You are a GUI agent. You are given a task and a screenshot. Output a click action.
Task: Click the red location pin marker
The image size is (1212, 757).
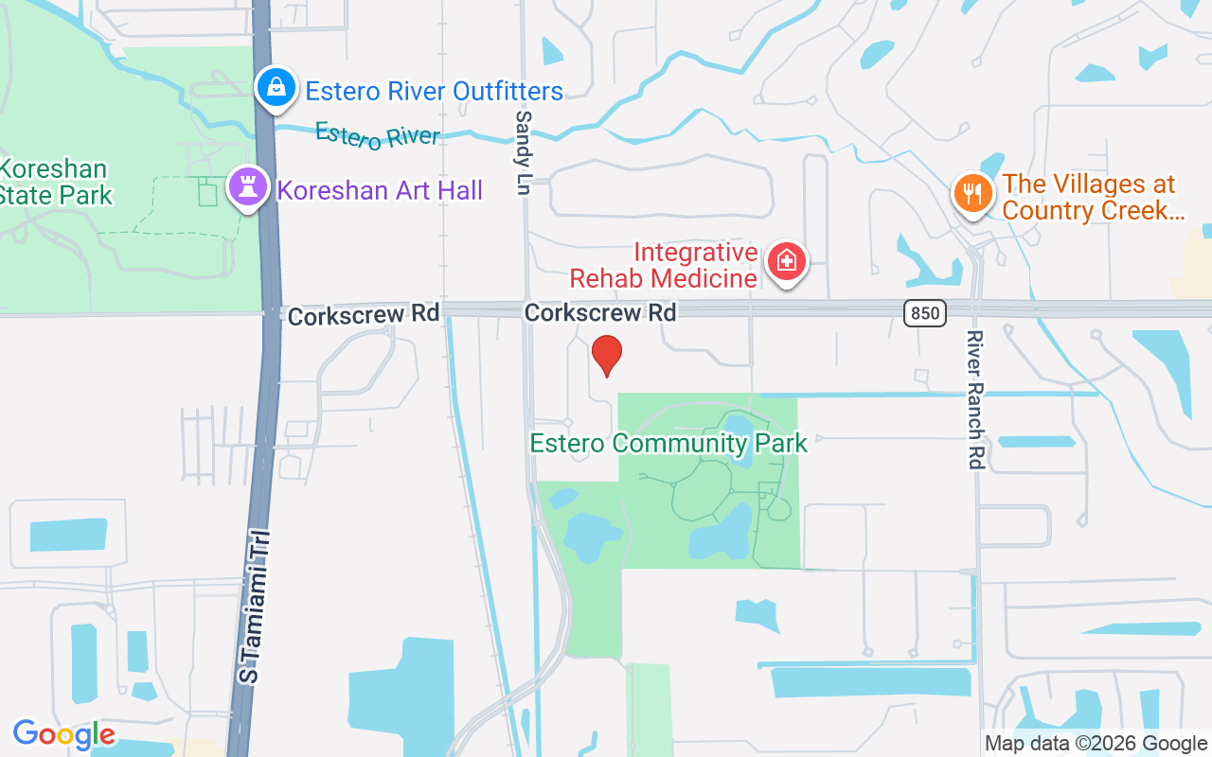tap(606, 356)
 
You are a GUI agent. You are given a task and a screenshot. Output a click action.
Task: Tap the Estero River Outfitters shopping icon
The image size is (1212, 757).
tap(276, 88)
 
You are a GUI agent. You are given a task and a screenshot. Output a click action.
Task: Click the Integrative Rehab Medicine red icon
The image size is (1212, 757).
tap(786, 260)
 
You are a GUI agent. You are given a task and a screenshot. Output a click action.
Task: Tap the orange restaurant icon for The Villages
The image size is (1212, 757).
tap(971, 193)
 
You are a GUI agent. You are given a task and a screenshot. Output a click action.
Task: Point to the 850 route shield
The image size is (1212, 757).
tap(924, 312)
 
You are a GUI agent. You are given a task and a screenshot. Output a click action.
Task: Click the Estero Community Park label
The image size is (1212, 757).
tap(668, 443)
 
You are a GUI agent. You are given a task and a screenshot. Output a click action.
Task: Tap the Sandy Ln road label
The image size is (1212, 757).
tap(524, 152)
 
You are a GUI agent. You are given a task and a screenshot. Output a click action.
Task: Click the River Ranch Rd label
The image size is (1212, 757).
tap(976, 400)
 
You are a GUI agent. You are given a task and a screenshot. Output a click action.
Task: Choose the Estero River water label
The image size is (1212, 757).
tap(377, 134)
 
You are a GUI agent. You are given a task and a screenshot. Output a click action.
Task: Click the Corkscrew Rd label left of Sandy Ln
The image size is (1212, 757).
tap(364, 315)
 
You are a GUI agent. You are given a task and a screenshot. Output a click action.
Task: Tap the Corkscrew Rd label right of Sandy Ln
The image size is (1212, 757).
tap(600, 312)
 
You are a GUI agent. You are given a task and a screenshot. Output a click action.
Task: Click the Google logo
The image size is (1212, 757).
tap(63, 734)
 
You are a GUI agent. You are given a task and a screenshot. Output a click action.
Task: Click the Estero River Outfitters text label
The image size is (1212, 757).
tap(434, 92)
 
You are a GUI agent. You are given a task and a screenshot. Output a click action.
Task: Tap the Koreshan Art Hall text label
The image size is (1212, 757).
tap(380, 190)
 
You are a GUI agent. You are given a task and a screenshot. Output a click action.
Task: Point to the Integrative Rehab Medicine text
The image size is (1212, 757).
tap(663, 265)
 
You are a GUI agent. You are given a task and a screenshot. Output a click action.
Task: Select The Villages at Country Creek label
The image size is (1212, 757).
tap(1093, 197)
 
